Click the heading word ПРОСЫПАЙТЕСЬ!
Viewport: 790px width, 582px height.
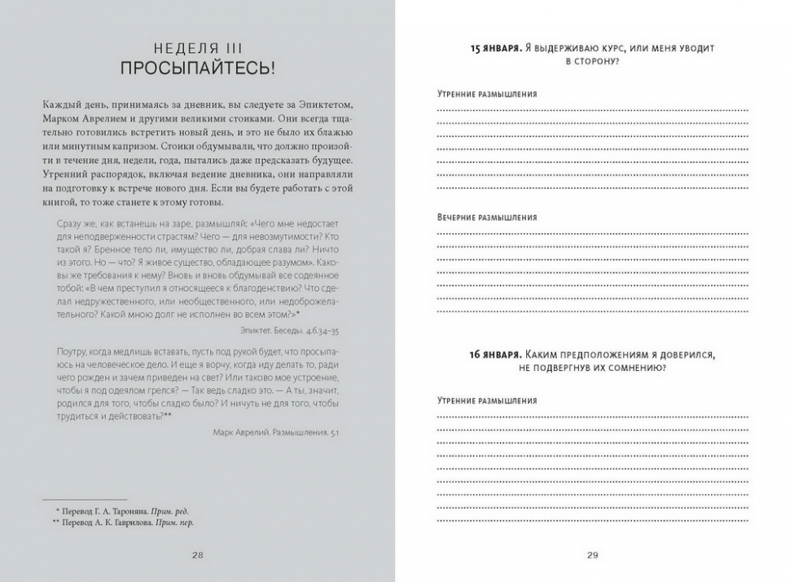coord(197,68)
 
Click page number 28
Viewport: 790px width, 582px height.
coord(197,555)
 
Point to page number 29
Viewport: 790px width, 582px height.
coord(592,555)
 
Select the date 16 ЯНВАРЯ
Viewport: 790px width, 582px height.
coord(496,355)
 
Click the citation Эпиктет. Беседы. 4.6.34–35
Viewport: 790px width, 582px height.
coord(290,330)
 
